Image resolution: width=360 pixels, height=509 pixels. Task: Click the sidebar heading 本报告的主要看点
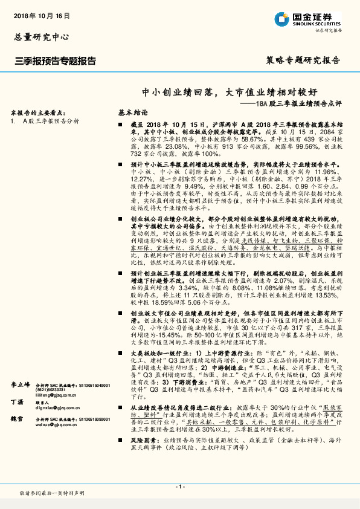[38, 113]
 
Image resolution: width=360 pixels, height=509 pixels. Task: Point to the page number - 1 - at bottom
[179, 487]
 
